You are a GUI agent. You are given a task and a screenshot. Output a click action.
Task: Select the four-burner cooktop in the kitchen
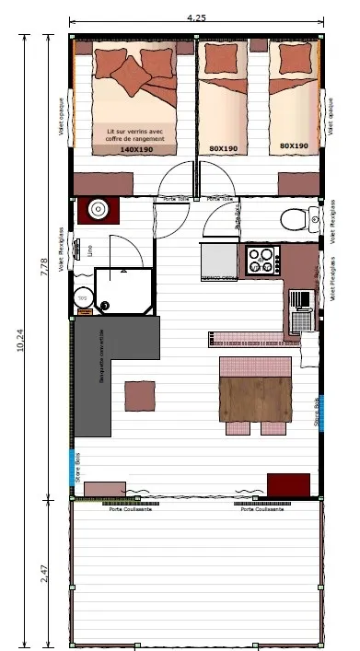pyautogui.click(x=262, y=259)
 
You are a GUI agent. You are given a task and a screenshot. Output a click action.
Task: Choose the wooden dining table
pyautogui.click(x=255, y=398)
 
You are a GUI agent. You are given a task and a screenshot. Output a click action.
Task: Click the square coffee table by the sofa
pyautogui.click(x=140, y=396)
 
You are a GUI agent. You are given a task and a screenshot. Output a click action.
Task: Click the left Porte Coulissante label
pyautogui.click(x=130, y=509)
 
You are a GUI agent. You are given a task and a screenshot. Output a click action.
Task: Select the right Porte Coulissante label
pyautogui.click(x=261, y=509)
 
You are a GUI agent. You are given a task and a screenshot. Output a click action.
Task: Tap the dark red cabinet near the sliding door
pyautogui.click(x=288, y=484)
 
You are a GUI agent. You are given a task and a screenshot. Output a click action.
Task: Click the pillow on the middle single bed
pyautogui.click(x=222, y=58)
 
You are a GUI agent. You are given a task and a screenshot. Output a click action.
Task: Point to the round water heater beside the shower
pyautogui.click(x=82, y=296)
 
